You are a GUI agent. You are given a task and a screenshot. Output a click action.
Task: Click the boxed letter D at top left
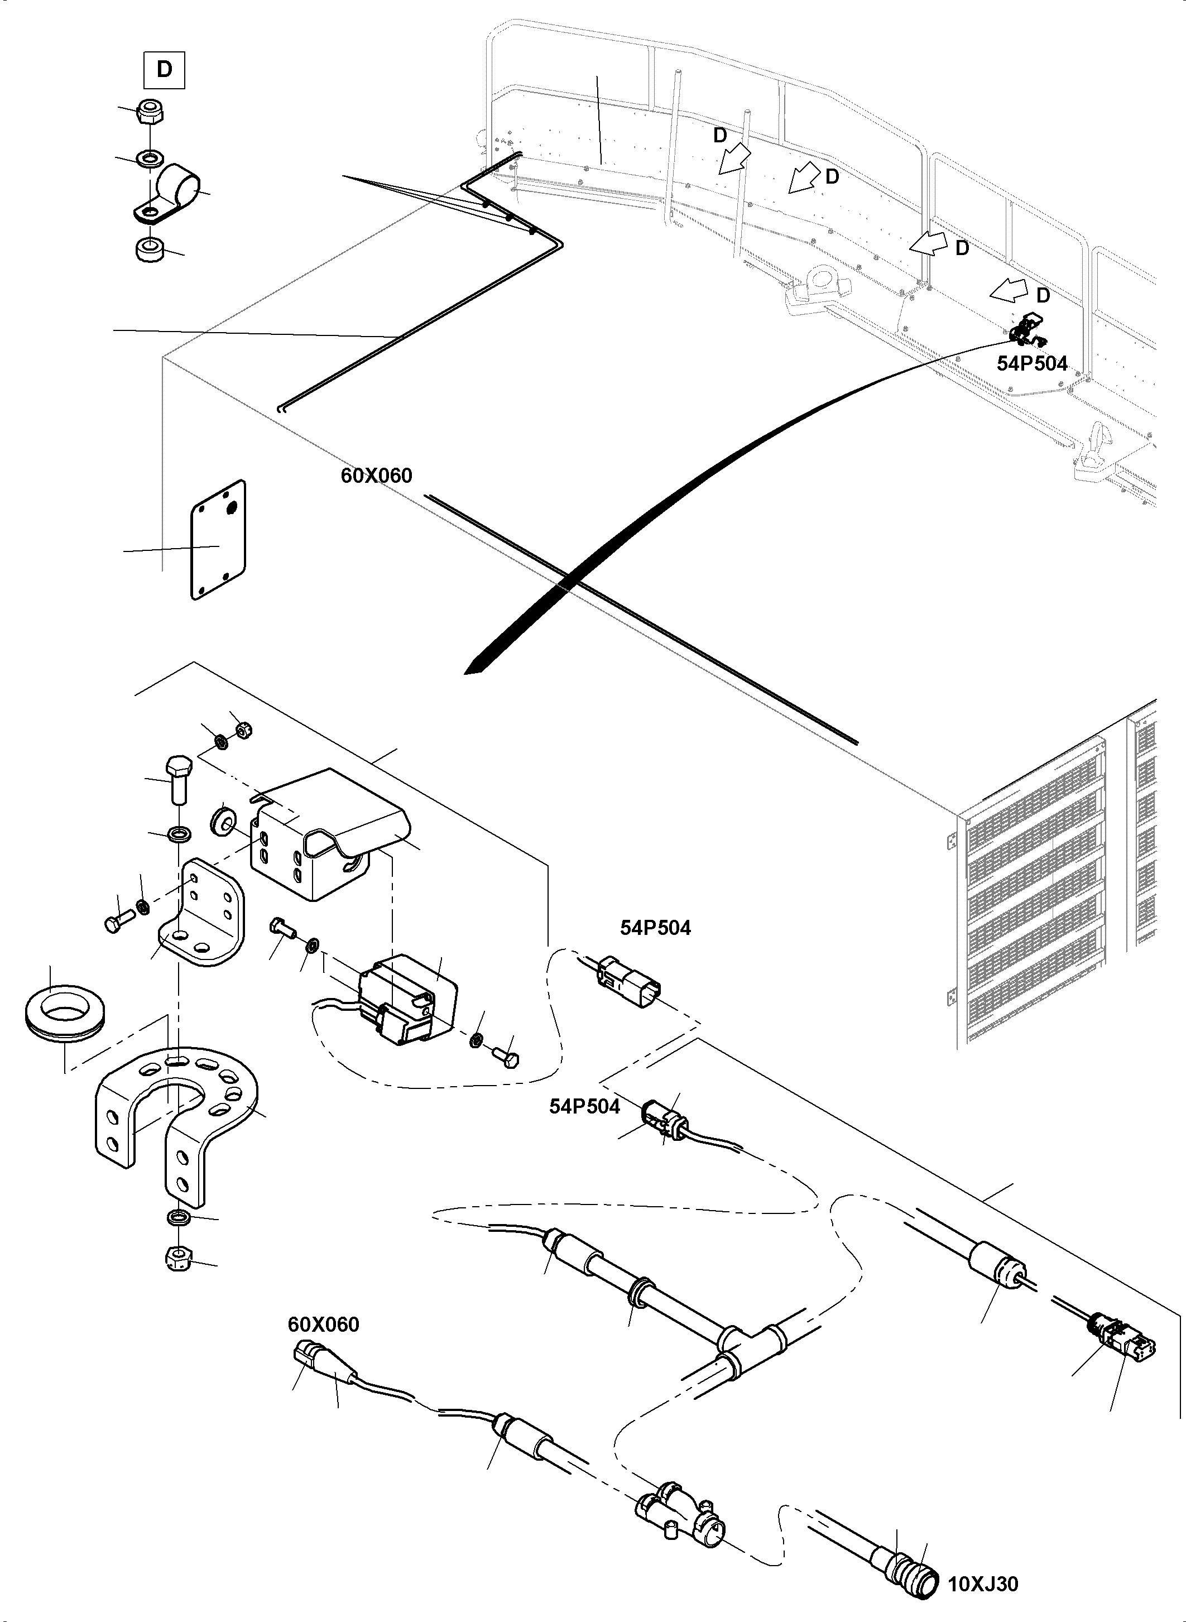tap(165, 70)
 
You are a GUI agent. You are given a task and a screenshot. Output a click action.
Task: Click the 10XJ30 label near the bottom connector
tap(983, 1583)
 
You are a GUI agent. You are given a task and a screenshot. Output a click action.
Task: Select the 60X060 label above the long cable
tap(376, 476)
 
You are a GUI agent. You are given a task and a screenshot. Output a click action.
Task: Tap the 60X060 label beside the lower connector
tap(323, 1325)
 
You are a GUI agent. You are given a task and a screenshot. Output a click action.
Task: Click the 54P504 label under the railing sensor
tap(1031, 364)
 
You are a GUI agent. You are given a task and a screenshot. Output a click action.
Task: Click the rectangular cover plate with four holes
tap(218, 540)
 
